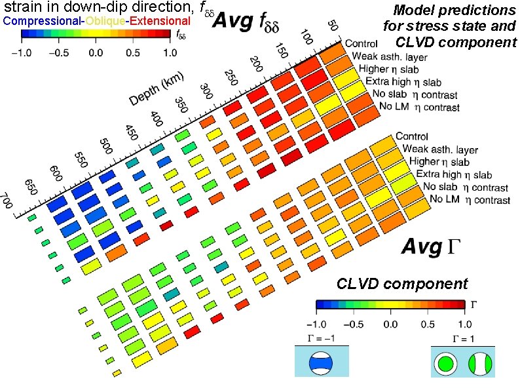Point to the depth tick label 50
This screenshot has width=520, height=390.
click(333, 27)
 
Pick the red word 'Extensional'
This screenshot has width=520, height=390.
click(160, 21)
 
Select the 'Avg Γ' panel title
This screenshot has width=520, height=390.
click(432, 247)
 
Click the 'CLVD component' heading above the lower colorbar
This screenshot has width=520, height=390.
click(402, 284)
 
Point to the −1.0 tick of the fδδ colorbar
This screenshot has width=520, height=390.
click(24, 52)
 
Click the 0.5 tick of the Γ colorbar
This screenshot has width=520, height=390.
click(427, 324)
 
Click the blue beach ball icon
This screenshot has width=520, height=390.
click(321, 362)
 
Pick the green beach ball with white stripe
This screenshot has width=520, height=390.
click(480, 362)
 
